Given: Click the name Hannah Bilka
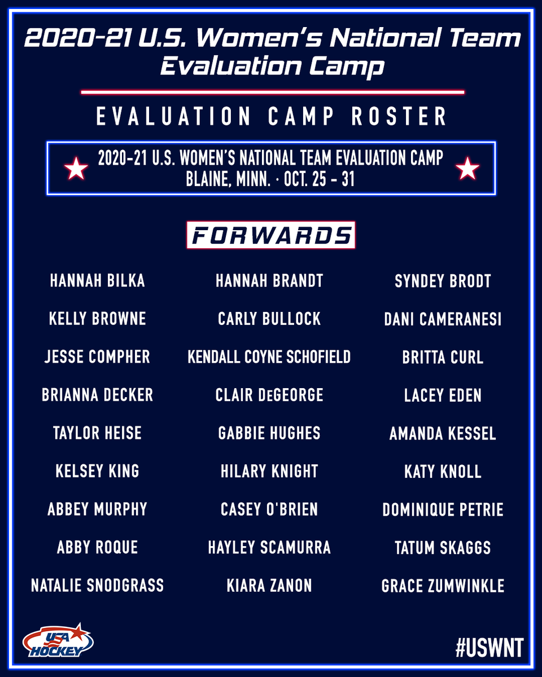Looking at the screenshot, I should pos(98,281).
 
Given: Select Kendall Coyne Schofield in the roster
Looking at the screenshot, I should pos(269,357).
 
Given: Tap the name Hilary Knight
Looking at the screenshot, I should pos(269,472).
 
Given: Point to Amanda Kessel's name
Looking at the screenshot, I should pos(443,434).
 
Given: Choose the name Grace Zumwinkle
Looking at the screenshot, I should pos(443,586).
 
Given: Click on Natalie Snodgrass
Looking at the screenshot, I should pos(98,586).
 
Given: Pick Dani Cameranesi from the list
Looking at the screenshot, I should pos(443,319).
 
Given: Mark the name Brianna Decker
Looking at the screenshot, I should pos(98,395).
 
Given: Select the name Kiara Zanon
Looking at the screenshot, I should pos(269,586).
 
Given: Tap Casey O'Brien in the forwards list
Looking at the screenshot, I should pos(269,509).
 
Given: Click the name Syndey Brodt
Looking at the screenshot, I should pos(443,281).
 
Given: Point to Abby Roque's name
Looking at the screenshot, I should pos(98,547).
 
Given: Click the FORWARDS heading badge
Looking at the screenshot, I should pos(270,235).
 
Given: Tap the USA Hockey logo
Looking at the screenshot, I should pos(58,640).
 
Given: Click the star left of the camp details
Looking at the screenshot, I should pos(76,169).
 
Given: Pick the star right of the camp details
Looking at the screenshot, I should pos(467,169).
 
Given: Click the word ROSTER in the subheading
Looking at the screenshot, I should pos(399,117).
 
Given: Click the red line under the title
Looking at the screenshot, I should pos(272,91).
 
